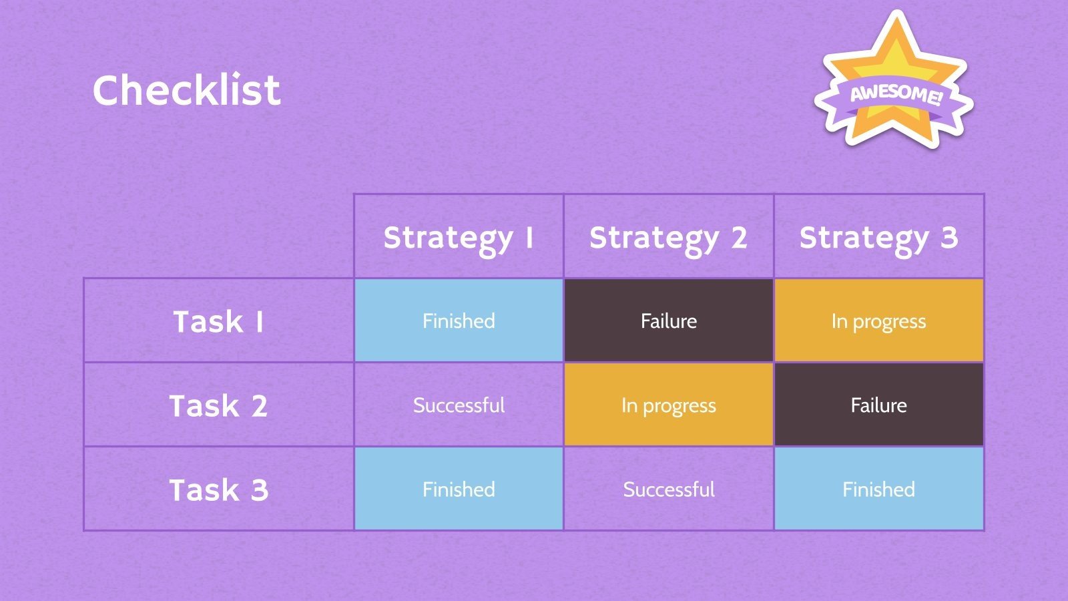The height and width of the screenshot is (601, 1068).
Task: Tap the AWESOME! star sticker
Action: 894,81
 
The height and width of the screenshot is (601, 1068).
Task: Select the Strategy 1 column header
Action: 459,237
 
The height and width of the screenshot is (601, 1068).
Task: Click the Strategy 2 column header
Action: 668,237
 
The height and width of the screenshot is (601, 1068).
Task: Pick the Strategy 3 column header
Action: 878,237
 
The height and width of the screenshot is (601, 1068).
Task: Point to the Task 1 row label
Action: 218,321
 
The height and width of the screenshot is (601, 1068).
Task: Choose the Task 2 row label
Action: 218,405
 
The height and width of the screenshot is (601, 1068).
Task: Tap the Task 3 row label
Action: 218,489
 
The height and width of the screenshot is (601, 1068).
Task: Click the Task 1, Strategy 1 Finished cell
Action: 459,321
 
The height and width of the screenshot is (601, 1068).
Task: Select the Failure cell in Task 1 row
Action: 668,321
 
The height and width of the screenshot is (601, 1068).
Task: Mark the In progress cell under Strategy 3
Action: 879,321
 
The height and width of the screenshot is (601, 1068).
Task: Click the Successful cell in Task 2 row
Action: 459,405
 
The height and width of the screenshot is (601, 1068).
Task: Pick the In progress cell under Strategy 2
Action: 668,405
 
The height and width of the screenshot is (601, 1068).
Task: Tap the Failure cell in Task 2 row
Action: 879,405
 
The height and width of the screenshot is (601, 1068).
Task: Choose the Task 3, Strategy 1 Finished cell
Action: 459,489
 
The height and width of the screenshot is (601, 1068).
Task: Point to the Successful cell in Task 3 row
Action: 668,489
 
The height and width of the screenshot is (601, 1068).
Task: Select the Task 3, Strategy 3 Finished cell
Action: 879,489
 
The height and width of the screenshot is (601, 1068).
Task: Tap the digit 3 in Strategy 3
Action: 949,237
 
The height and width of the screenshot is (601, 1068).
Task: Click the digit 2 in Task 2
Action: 260,405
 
